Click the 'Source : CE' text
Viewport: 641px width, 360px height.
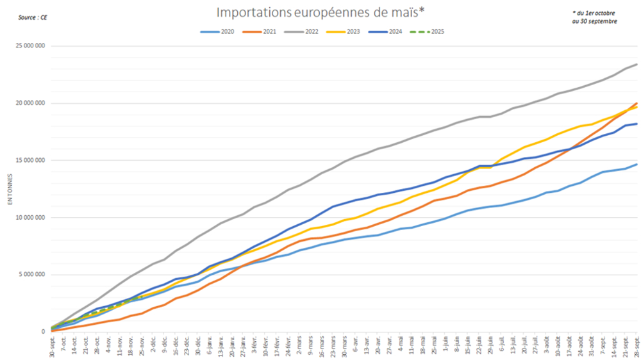tap(33, 17)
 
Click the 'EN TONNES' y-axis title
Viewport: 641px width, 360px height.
tap(10, 189)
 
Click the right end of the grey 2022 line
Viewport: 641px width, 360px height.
tap(637, 64)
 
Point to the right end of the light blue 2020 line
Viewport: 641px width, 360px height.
tap(637, 164)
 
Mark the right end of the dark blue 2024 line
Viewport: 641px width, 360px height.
tap(637, 124)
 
